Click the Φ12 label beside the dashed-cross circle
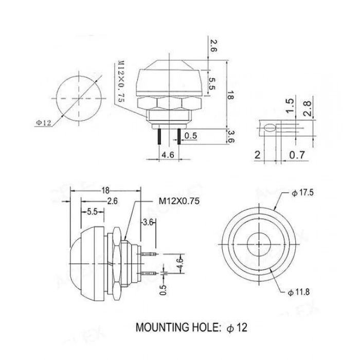[x=43, y=122]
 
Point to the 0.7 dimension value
[x=296, y=155]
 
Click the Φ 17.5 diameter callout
[x=302, y=193]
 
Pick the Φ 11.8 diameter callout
[x=302, y=293]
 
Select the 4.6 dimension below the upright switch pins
[x=168, y=153]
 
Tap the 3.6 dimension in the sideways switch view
[x=148, y=222]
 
